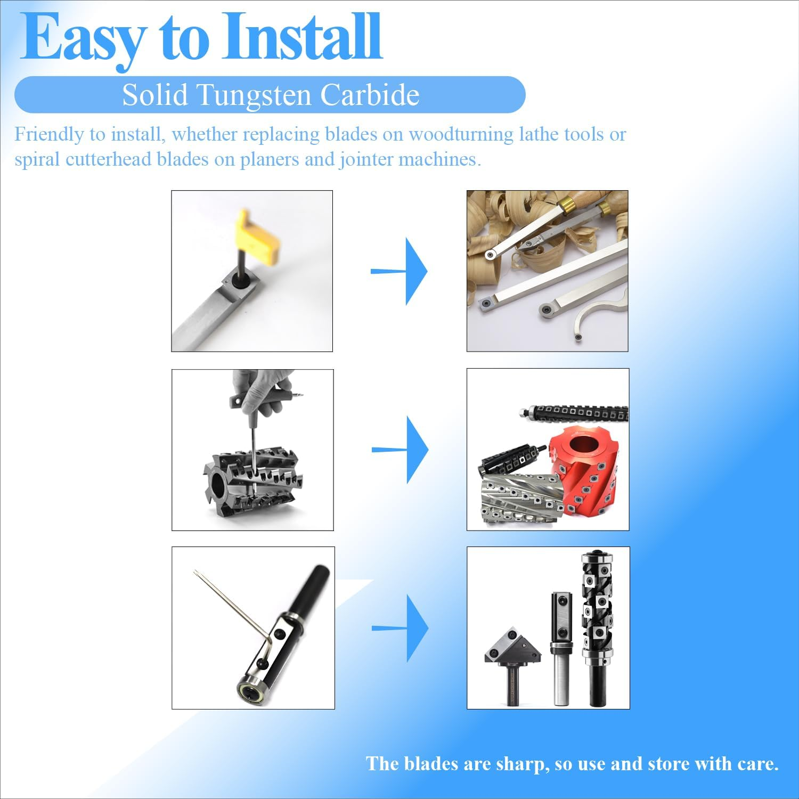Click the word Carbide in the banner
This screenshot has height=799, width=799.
[370, 95]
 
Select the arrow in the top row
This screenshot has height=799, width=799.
[399, 271]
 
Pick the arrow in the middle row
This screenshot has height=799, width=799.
[399, 450]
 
